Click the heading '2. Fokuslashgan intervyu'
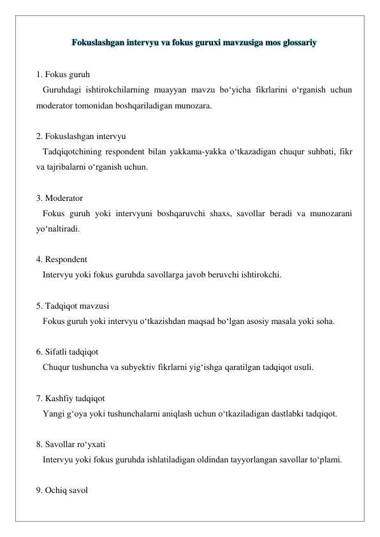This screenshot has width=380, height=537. point(81,136)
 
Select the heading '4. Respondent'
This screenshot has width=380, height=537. point(62,260)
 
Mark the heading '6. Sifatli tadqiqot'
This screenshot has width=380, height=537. point(68,352)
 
